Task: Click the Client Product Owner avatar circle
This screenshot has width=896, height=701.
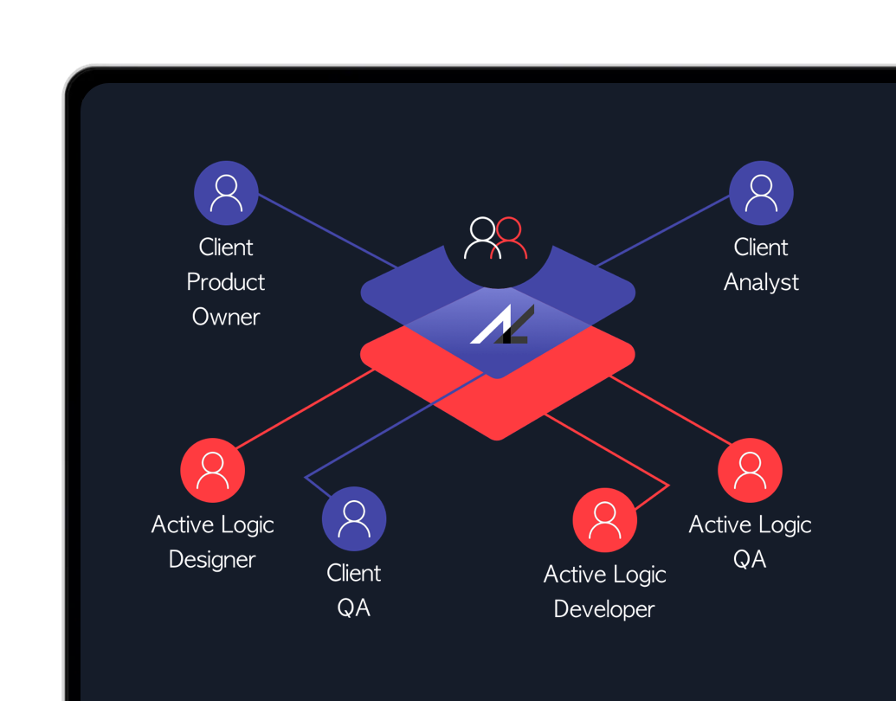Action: [x=226, y=193]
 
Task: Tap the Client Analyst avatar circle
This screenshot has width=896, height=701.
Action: [x=761, y=193]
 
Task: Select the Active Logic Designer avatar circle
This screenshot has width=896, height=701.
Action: [x=212, y=470]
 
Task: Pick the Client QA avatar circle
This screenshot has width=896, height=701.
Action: [x=353, y=518]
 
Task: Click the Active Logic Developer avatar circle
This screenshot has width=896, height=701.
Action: [x=604, y=520]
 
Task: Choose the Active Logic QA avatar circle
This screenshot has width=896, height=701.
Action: [x=750, y=470]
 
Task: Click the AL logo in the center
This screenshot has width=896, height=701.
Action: [x=501, y=325]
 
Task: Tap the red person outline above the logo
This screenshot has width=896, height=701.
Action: [x=509, y=239]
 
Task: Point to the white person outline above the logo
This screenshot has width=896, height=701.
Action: [x=480, y=239]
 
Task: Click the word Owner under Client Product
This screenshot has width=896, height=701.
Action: [x=226, y=317]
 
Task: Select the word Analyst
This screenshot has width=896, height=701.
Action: [x=761, y=282]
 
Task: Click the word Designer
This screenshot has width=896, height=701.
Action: [x=212, y=560]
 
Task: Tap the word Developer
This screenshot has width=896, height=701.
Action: [x=604, y=609]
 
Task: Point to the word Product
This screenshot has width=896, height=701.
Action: [x=226, y=282]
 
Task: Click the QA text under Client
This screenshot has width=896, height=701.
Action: [x=353, y=608]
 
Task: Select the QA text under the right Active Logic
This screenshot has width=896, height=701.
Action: [x=750, y=560]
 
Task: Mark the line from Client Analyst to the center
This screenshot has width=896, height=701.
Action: [x=662, y=231]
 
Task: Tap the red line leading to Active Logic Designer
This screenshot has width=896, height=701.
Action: [x=303, y=409]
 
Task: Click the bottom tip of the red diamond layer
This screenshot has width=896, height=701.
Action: [x=498, y=437]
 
